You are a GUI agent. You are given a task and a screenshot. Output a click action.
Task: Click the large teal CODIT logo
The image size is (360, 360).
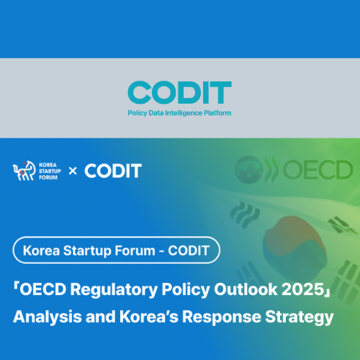[x=179, y=92]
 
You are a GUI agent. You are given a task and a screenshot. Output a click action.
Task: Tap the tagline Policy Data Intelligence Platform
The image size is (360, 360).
[x=179, y=113]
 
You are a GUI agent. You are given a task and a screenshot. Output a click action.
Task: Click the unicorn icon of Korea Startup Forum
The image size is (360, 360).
[x=24, y=171]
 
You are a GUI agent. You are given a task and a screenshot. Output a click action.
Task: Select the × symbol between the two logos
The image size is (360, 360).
[x=73, y=171]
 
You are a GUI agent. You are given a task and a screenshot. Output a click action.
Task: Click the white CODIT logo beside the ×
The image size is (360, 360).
[x=113, y=171]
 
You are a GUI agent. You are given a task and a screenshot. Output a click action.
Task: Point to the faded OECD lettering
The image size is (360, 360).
[x=318, y=170]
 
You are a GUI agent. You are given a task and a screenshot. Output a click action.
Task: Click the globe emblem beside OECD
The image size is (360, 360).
[x=249, y=169]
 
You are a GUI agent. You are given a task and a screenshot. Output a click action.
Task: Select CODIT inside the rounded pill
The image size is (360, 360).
[x=189, y=251]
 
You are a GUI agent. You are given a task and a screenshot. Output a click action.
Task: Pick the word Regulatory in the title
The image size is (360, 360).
[x=114, y=290]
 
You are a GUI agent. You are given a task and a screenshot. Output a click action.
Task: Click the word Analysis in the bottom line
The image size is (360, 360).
[x=48, y=317]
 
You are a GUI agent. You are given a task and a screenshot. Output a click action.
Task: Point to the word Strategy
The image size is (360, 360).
[x=300, y=318]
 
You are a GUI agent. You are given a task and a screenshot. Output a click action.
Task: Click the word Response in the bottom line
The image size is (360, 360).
[x=222, y=318]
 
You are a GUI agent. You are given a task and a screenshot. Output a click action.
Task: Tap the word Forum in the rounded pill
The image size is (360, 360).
[x=135, y=251]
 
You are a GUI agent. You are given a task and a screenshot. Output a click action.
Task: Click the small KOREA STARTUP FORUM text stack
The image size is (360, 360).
[x=50, y=171]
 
